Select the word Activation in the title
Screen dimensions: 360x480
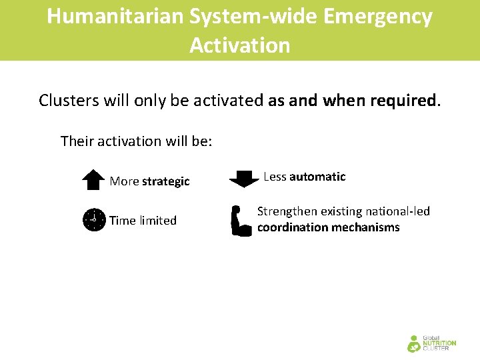click(240, 45)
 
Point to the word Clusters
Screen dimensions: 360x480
click(68, 101)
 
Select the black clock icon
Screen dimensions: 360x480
click(94, 220)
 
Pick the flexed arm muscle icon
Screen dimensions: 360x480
click(241, 221)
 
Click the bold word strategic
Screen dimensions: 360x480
click(166, 181)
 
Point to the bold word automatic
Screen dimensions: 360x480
click(317, 177)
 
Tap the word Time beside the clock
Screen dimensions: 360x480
click(122, 221)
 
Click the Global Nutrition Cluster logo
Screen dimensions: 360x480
click(431, 343)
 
